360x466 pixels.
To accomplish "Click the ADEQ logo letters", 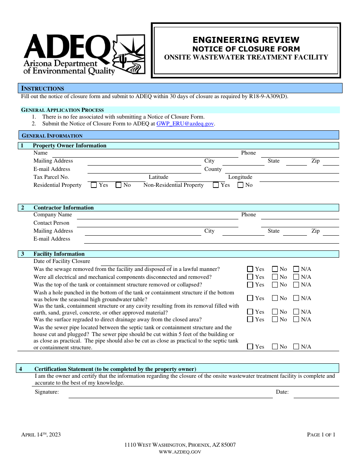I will (x=66, y=47).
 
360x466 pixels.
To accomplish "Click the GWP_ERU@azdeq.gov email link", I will (x=185, y=124).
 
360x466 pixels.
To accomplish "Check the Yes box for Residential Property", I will (x=94, y=185).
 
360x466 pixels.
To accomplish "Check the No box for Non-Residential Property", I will (x=241, y=185).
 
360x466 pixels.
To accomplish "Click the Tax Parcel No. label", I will (x=51, y=177).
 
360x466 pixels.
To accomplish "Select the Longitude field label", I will (x=240, y=177).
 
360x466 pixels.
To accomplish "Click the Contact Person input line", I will (x=157, y=226).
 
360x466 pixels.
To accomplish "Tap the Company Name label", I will (x=53, y=214).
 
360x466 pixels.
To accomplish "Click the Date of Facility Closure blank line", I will (x=136, y=264).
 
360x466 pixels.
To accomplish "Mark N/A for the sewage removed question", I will (x=296, y=269).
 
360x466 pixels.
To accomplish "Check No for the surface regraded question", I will (x=275, y=319).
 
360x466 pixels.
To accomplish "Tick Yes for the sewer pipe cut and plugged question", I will (x=250, y=346).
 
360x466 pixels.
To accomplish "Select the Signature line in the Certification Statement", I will (x=171, y=396).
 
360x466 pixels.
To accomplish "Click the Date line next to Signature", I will (x=316, y=396).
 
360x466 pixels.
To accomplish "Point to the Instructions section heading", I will (x=43, y=88).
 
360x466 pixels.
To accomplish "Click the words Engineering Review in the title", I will (x=246, y=40).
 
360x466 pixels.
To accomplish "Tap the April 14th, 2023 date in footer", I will (x=41, y=435).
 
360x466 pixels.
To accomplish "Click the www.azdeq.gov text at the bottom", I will (x=180, y=452).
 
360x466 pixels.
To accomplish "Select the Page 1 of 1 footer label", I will (x=321, y=435).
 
